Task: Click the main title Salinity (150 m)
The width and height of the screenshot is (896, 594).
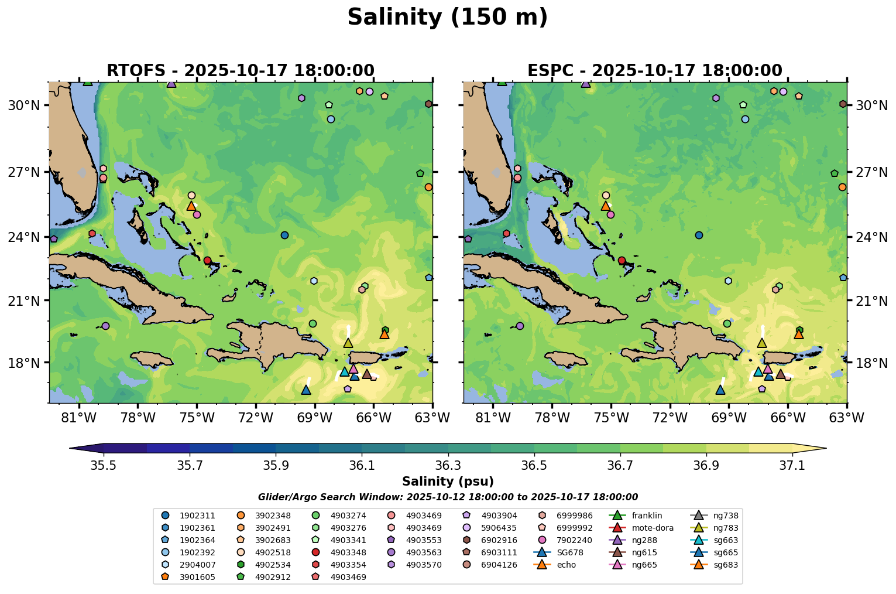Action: (448, 18)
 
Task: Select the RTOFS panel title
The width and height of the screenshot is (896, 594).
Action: (240, 71)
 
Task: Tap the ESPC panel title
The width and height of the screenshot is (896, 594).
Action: (654, 71)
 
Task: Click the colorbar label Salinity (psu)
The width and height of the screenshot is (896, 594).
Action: (448, 482)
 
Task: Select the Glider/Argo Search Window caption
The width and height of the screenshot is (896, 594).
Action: (448, 497)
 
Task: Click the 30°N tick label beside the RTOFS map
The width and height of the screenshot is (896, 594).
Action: (23, 105)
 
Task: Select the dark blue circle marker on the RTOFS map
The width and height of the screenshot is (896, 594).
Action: (284, 235)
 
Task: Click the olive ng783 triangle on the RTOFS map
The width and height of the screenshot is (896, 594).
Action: (348, 343)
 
